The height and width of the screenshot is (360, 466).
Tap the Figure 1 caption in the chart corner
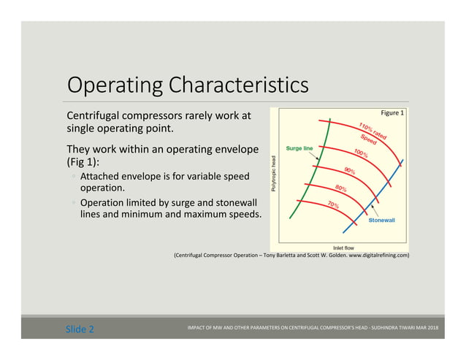click(x=392, y=113)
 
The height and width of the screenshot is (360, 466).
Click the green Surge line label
click(x=299, y=148)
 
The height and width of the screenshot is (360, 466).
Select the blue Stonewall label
click(x=383, y=219)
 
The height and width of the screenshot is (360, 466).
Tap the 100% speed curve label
click(x=360, y=154)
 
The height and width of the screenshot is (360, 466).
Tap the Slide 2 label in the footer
click(x=80, y=329)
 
